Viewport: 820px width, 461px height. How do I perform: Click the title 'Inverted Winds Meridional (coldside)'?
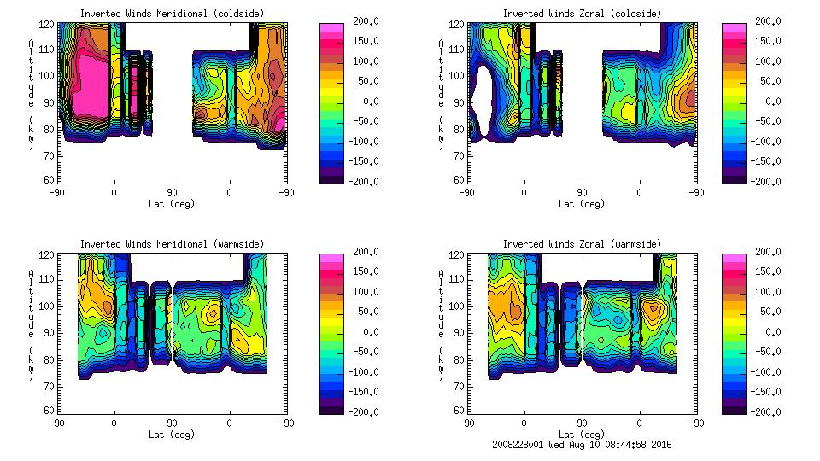tap(172, 13)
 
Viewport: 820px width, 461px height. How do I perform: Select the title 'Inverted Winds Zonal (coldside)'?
tap(582, 13)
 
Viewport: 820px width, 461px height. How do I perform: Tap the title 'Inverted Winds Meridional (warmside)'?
tap(172, 244)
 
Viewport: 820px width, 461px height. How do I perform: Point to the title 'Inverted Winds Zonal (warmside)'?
tap(582, 244)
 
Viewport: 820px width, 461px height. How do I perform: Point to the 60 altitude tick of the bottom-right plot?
tap(459, 411)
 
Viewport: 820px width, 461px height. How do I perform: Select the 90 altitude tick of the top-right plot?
tap(459, 102)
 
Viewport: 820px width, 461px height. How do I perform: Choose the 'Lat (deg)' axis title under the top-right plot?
tap(582, 204)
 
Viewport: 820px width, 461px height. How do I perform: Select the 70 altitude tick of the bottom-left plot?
tap(49, 385)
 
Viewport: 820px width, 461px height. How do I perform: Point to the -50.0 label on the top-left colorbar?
tap(359, 121)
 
